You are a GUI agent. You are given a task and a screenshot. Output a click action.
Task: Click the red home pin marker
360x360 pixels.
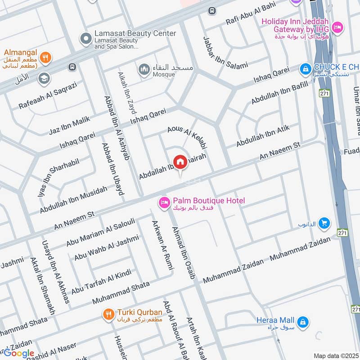180,162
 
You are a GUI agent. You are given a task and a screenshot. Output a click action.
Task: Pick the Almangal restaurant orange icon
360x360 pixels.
45,57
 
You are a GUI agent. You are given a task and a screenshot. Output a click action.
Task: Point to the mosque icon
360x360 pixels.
144,70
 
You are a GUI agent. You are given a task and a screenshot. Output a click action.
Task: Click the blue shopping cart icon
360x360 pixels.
323,223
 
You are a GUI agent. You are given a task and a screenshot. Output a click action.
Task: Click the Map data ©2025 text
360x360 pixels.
336,356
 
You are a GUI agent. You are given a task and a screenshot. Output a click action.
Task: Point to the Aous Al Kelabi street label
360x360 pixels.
187,137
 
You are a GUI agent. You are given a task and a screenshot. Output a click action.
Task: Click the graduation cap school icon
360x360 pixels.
44,79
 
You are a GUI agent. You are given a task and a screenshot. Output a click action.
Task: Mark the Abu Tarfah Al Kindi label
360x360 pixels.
101,280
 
